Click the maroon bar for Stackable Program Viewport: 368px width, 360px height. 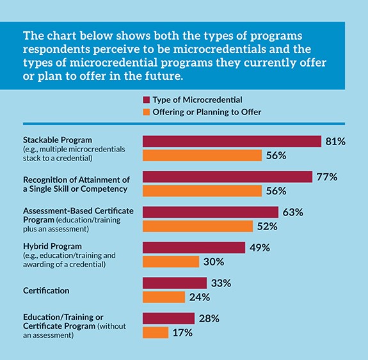tap(232, 141)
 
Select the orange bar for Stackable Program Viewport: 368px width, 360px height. tap(202, 155)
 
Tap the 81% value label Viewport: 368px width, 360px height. tap(335, 141)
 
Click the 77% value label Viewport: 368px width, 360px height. tap(325, 177)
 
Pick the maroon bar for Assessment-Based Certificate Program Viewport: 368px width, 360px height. tap(211, 212)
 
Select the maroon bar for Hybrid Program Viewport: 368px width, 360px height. tap(194, 247)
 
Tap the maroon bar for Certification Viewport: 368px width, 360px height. tap(175, 283)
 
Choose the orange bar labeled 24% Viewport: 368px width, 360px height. tap(164, 297)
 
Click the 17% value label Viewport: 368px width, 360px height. tap(182, 333)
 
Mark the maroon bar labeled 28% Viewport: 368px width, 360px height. tap(168, 318)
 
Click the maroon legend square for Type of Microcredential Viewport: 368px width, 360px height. tap(146, 99)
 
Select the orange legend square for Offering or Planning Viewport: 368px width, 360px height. tap(146, 111)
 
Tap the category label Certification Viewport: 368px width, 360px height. tap(46, 290)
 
